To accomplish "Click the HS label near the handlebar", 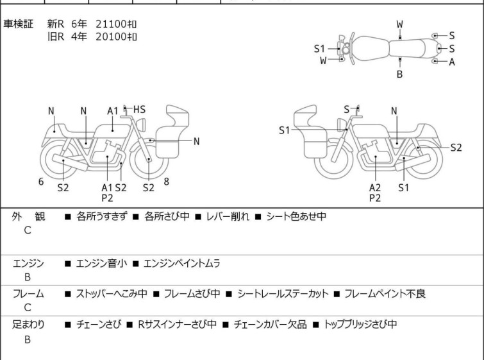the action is coord(139,110).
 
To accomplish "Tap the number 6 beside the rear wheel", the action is coord(41,182).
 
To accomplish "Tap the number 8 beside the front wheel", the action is coord(167,182).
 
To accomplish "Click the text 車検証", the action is coord(18,24).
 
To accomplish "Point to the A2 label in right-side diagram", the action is coord(375,187).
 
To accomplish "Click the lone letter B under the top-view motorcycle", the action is coord(399,74).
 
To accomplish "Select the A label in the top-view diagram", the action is coord(452,62).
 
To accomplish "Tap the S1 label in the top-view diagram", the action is coord(319,49).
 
